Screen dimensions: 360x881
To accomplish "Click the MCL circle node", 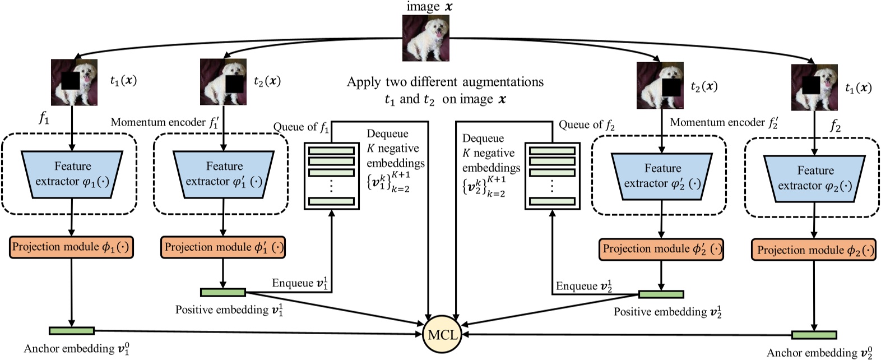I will tap(442, 335).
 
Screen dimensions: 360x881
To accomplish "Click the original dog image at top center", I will tap(426, 38).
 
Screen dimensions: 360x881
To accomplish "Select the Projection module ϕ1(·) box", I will tap(72, 247).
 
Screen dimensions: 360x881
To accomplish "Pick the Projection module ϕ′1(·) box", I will tap(223, 247).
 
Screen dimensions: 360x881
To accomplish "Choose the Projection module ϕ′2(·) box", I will tap(661, 249).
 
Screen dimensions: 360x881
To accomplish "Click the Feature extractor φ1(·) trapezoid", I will tap(72, 174).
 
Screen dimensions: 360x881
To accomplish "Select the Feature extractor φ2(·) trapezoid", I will tap(814, 178).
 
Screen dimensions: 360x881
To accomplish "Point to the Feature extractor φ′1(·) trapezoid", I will tap(224, 174).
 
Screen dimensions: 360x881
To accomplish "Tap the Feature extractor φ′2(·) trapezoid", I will tap(662, 176).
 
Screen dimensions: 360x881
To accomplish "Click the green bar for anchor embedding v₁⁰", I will tap(72, 331).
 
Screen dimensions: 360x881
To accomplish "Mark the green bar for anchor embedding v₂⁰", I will tap(814, 335).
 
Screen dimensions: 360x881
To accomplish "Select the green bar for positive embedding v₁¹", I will tap(223, 292).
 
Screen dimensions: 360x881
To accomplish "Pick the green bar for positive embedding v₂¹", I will tap(661, 294).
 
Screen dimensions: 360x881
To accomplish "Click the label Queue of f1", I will tap(302, 127).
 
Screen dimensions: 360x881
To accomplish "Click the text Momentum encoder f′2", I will tap(724, 122).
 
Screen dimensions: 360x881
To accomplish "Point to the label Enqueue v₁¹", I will tap(300, 283).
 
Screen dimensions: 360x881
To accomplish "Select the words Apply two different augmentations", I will tap(445, 82).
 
